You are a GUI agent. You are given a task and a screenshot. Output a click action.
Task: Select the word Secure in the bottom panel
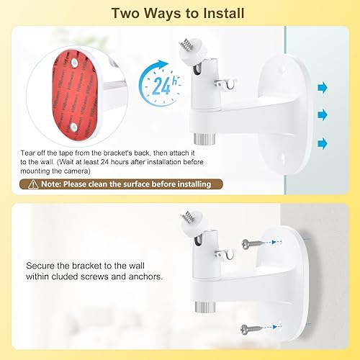click(42, 266)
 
